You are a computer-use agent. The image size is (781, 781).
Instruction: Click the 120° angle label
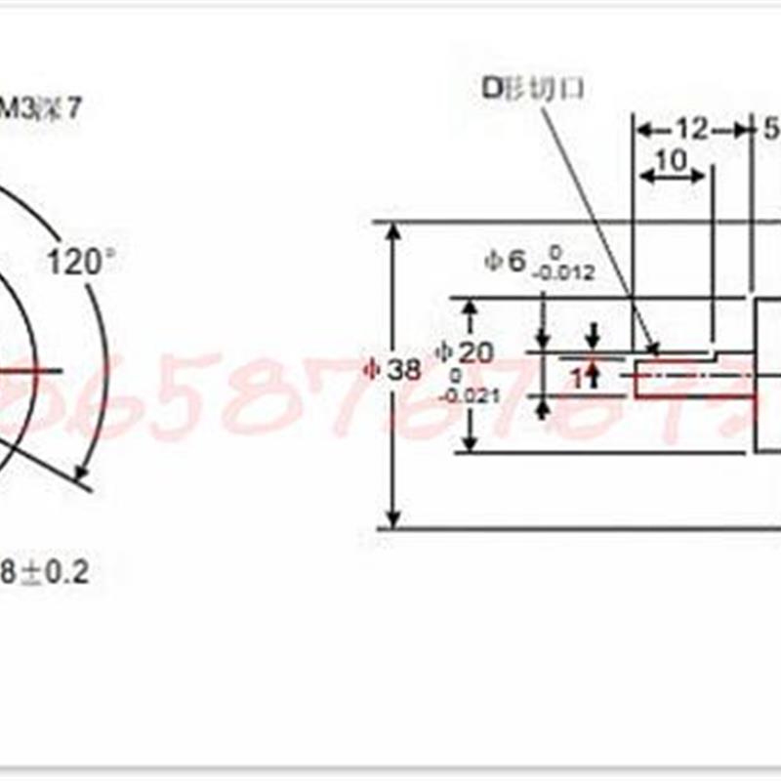[x=82, y=263]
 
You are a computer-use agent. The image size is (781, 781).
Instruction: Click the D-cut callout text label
[x=533, y=88]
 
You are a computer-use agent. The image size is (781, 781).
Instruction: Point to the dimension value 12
[x=692, y=128]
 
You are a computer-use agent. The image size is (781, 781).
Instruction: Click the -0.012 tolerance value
[x=563, y=274]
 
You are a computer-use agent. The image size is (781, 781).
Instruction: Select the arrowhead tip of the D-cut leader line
[x=654, y=348]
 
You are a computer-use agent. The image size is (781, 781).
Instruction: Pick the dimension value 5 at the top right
[x=770, y=128]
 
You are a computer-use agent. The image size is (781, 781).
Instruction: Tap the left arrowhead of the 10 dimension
[x=644, y=177]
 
